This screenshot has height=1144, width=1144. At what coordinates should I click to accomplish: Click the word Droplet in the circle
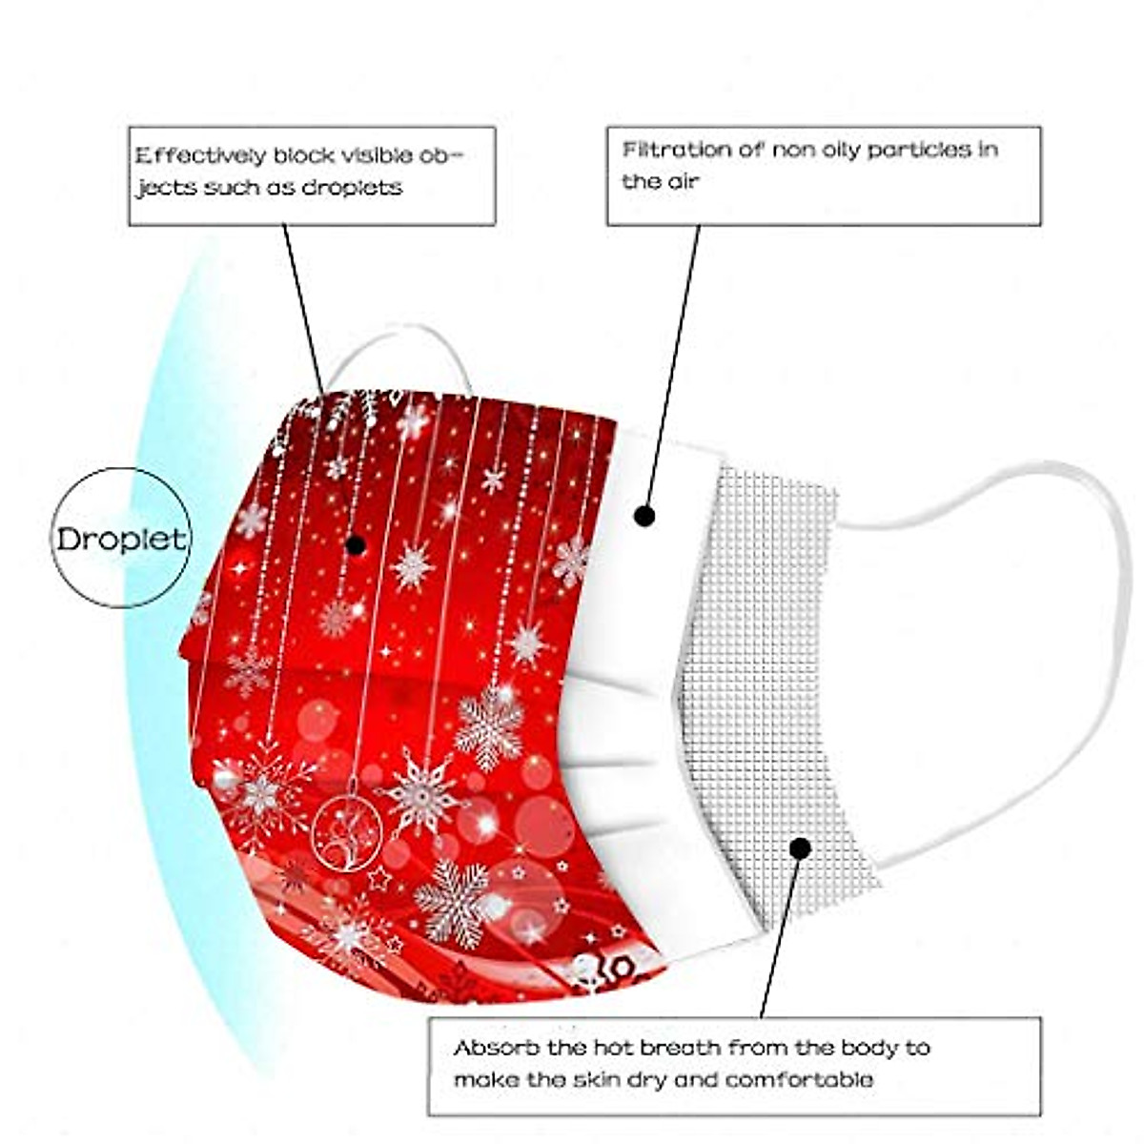[x=121, y=539]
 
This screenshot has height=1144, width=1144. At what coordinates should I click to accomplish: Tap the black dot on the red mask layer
[x=356, y=545]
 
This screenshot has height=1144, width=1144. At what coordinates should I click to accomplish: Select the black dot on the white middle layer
[x=645, y=517]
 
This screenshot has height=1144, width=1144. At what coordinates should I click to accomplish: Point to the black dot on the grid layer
[x=801, y=848]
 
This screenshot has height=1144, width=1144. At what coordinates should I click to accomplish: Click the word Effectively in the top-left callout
[x=198, y=155]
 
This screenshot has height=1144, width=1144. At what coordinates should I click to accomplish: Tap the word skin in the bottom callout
[x=586, y=1080]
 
